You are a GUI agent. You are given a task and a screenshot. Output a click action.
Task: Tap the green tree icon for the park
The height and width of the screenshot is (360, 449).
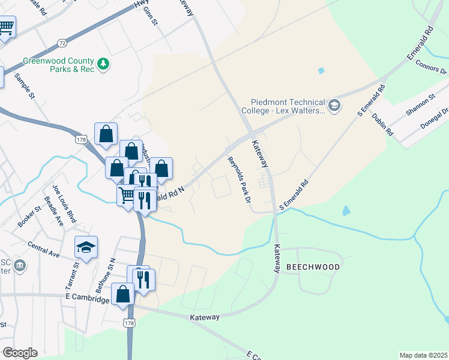pos(104,62)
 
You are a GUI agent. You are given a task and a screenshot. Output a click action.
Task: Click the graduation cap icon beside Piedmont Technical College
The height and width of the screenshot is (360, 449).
pos(334,107)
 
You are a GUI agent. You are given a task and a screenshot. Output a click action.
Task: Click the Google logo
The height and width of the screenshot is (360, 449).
pos(20,353)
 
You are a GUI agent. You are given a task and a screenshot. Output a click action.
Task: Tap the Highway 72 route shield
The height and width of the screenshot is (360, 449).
pos(62,43)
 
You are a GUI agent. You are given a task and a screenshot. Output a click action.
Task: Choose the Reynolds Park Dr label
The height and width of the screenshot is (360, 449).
pos(238,179)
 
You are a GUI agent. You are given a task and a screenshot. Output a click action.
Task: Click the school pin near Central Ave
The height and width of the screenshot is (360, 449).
pos(86,248)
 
